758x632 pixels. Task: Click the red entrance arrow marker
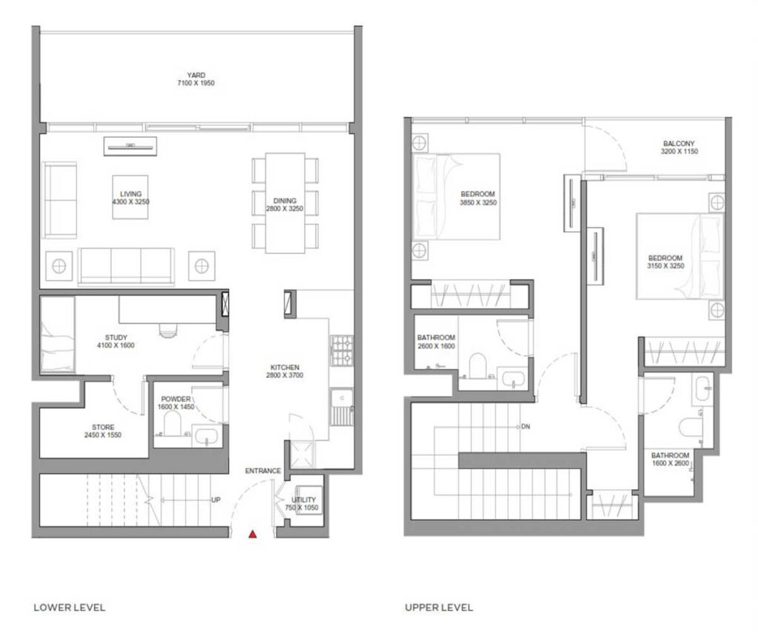pyautogui.click(x=252, y=533)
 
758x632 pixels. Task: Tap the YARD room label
pyautogui.click(x=195, y=79)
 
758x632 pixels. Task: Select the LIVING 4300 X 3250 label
pyautogui.click(x=130, y=196)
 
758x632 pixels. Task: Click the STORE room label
pyautogui.click(x=103, y=430)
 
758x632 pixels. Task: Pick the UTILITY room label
pyautogui.click(x=303, y=505)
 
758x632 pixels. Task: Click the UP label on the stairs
pyautogui.click(x=216, y=500)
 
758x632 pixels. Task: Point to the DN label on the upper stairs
pyautogui.click(x=526, y=427)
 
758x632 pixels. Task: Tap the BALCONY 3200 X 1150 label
pyautogui.click(x=679, y=147)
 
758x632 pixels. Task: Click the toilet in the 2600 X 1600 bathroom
pyautogui.click(x=477, y=365)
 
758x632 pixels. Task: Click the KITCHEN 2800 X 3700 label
pyautogui.click(x=285, y=371)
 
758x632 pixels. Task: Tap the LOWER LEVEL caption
pyautogui.click(x=70, y=608)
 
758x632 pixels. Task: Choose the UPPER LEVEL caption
pyautogui.click(x=439, y=608)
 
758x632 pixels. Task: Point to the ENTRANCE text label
pyautogui.click(x=263, y=471)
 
